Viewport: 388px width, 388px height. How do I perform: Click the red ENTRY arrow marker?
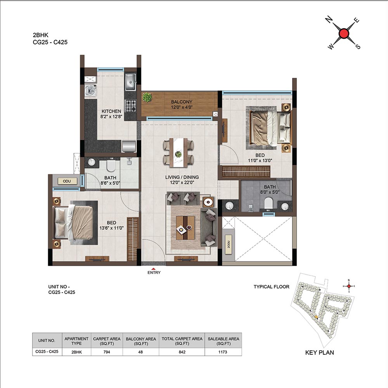[x=154, y=269]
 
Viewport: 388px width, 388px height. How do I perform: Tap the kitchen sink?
[x=130, y=81]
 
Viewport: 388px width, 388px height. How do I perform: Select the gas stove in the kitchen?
[x=130, y=106]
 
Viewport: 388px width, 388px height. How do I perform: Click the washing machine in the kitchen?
[x=90, y=90]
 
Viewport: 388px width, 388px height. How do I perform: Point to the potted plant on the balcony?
[x=147, y=97]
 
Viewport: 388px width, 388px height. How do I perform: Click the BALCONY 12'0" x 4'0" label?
[x=182, y=104]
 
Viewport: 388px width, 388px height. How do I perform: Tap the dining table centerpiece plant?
[x=178, y=154]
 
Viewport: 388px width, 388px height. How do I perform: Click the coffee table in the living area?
[x=185, y=227]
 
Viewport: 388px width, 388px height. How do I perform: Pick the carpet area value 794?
[x=107, y=352]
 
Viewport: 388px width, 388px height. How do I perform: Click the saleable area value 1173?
[x=223, y=352]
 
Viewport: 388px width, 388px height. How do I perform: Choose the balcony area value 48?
[x=140, y=352]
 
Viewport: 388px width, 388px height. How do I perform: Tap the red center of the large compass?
[x=343, y=33]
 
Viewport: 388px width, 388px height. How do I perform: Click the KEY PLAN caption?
[x=319, y=352]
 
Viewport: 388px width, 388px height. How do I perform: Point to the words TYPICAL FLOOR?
[x=272, y=287]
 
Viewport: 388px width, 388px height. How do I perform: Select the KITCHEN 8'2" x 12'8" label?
[x=111, y=114]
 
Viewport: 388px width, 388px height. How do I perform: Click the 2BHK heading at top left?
[x=41, y=35]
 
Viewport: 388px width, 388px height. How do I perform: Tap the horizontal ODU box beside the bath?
[x=67, y=181]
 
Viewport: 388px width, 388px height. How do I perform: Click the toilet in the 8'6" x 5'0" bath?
[x=111, y=166]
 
